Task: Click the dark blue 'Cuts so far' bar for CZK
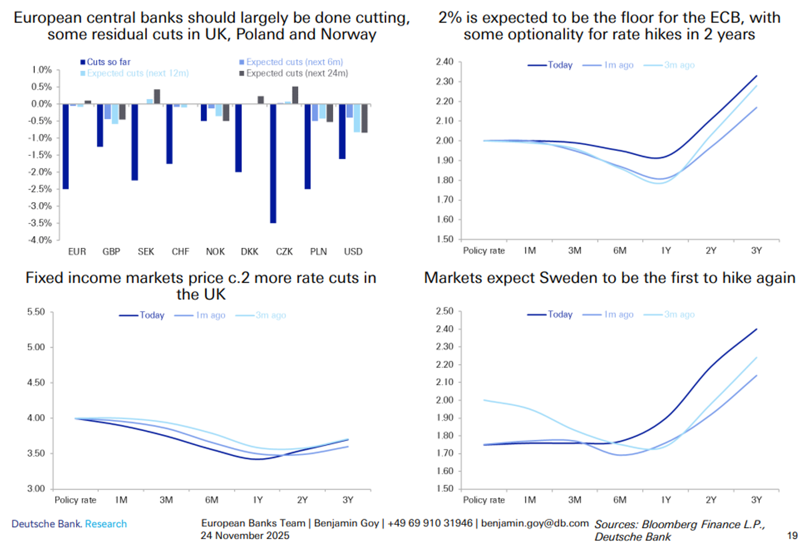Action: click(x=273, y=163)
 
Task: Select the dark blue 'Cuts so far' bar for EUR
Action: click(x=66, y=146)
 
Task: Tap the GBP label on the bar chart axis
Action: click(x=111, y=251)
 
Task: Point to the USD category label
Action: click(x=353, y=251)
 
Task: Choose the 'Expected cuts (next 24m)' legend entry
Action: click(x=294, y=74)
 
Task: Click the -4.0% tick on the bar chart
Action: click(x=40, y=240)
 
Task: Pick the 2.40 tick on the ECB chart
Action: click(x=444, y=62)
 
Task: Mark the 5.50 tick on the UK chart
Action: click(x=36, y=312)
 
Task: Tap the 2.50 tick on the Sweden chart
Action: click(x=444, y=311)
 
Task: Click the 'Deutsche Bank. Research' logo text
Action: click(x=69, y=524)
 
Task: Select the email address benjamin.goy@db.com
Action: click(x=535, y=523)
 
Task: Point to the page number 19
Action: click(x=792, y=536)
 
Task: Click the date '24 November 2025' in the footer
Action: click(x=245, y=536)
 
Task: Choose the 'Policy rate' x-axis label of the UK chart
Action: click(x=75, y=500)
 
